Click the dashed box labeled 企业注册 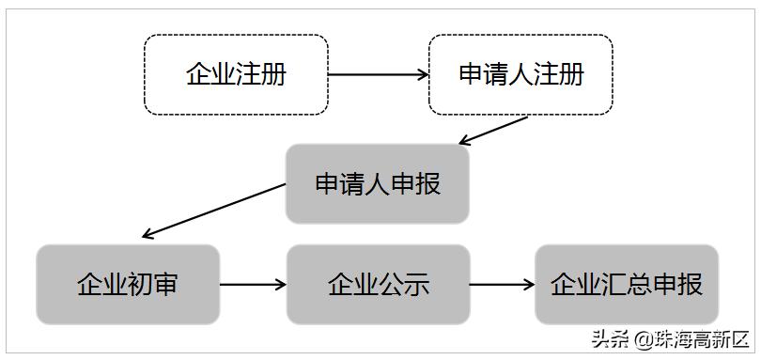(236, 75)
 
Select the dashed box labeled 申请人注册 (520, 75)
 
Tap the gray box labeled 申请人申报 (377, 183)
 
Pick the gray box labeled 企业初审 (127, 284)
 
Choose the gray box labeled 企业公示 (378, 284)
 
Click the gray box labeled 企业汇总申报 (627, 284)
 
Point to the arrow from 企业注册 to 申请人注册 (379, 75)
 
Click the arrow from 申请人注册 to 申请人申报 (494, 131)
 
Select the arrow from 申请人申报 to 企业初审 (212, 211)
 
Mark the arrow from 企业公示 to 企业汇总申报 (502, 284)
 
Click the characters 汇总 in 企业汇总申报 (627, 284)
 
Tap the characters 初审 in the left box (152, 284)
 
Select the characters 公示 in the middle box (403, 284)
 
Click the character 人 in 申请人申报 (377, 183)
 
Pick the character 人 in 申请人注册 (520, 75)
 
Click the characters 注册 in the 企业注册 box (261, 75)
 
